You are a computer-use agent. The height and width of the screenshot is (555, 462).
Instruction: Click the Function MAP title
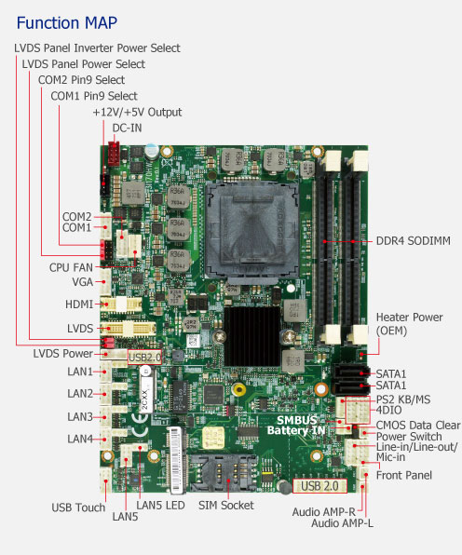click(x=66, y=23)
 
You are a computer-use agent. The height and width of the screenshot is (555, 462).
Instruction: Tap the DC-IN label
click(x=127, y=129)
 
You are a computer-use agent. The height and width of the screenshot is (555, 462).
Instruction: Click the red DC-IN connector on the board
click(x=114, y=154)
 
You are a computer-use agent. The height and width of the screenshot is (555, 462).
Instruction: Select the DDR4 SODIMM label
click(x=414, y=241)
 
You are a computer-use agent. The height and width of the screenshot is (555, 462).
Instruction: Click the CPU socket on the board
click(x=251, y=230)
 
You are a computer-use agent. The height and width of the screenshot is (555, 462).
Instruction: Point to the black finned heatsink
click(x=252, y=336)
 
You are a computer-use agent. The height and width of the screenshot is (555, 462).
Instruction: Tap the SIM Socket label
click(x=225, y=505)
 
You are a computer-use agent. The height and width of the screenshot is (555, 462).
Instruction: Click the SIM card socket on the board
click(x=223, y=472)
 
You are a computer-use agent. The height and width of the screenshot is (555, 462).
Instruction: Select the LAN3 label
click(x=80, y=416)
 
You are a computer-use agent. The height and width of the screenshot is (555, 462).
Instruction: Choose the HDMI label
click(x=79, y=305)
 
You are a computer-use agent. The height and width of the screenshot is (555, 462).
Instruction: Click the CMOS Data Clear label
click(x=418, y=426)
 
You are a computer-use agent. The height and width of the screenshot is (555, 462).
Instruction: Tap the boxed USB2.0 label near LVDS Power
click(x=144, y=358)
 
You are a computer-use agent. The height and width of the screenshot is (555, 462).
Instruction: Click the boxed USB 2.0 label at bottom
click(x=319, y=486)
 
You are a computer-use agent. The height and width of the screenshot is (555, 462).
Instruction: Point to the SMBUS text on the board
click(x=297, y=420)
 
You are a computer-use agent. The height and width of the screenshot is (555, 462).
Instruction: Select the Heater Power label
click(x=409, y=318)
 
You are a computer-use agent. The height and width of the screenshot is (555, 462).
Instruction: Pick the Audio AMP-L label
click(x=342, y=523)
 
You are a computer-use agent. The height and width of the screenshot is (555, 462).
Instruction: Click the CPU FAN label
click(x=71, y=267)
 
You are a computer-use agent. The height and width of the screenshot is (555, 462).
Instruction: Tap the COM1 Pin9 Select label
click(x=94, y=96)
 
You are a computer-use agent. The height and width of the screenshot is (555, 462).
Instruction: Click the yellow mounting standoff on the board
click(x=239, y=389)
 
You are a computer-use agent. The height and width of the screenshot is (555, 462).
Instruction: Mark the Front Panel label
click(x=404, y=475)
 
